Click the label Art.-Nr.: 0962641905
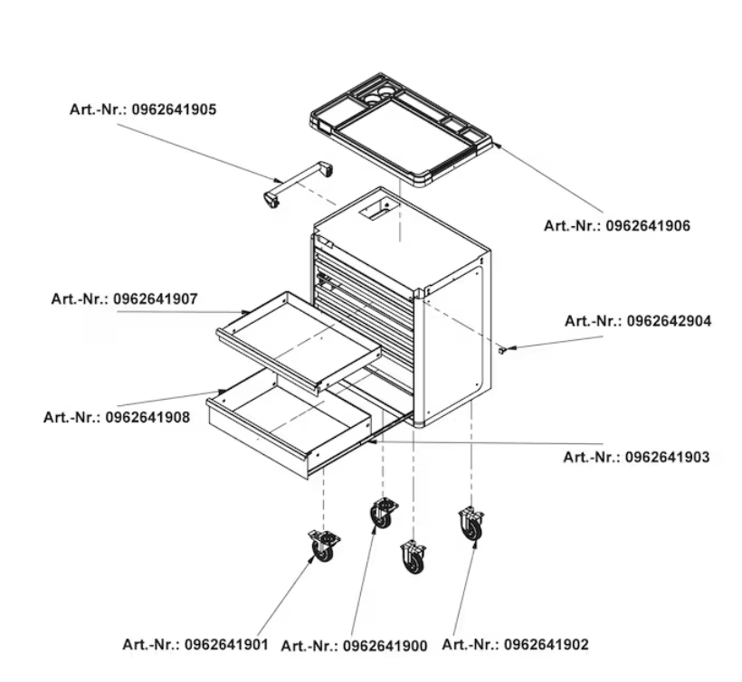coord(143,109)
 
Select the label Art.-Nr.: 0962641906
coord(617,225)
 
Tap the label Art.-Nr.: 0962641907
coord(125,298)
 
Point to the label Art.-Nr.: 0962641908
coord(117,417)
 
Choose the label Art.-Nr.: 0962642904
coord(638,321)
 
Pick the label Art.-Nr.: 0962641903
coord(636,457)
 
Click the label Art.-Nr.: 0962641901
coord(195,644)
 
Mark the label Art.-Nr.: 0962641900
coord(354,646)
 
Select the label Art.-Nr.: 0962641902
coord(516,644)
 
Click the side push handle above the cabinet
coord(298,185)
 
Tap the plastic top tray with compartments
coord(402,128)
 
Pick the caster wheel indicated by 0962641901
coord(324,546)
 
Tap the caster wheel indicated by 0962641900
coord(383,513)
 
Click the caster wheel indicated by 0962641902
coord(471,524)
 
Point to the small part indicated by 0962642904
coord(502,350)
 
